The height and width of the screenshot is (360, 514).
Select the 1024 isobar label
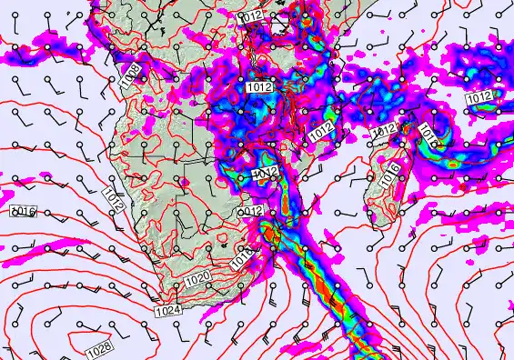[x=167, y=311]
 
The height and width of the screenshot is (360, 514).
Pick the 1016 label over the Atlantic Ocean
[x=23, y=212]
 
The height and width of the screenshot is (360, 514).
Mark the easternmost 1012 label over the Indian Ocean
[x=479, y=97]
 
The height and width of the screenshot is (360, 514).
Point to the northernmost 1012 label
[x=249, y=17]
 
